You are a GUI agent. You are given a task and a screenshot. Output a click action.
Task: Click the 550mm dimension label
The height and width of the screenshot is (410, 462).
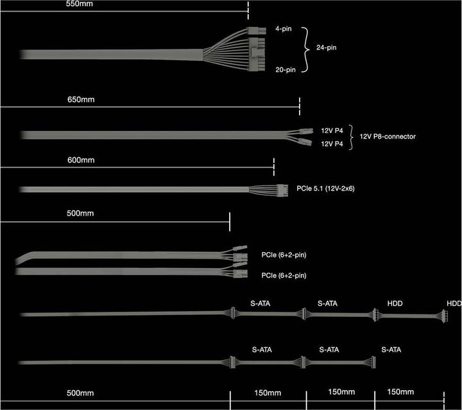(80, 4)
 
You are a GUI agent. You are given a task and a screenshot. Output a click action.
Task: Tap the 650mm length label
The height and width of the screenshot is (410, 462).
(81, 99)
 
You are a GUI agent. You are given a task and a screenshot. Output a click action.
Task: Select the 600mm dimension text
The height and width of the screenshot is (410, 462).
(81, 160)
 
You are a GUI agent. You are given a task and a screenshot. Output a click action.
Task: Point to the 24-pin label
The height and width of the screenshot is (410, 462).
(327, 47)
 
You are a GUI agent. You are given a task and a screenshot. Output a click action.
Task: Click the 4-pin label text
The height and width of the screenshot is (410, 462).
(284, 29)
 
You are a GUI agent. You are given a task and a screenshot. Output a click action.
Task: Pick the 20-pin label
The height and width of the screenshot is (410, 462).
(286, 70)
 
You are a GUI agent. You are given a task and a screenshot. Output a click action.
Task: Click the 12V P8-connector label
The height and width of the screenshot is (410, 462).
(388, 137)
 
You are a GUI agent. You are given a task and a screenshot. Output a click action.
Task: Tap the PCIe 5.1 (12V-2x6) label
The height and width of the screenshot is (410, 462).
(325, 189)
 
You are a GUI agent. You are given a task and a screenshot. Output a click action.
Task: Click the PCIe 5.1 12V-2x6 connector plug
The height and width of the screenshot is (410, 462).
(282, 190)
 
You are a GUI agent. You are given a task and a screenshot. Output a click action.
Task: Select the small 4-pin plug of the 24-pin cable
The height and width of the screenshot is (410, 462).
(256, 31)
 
